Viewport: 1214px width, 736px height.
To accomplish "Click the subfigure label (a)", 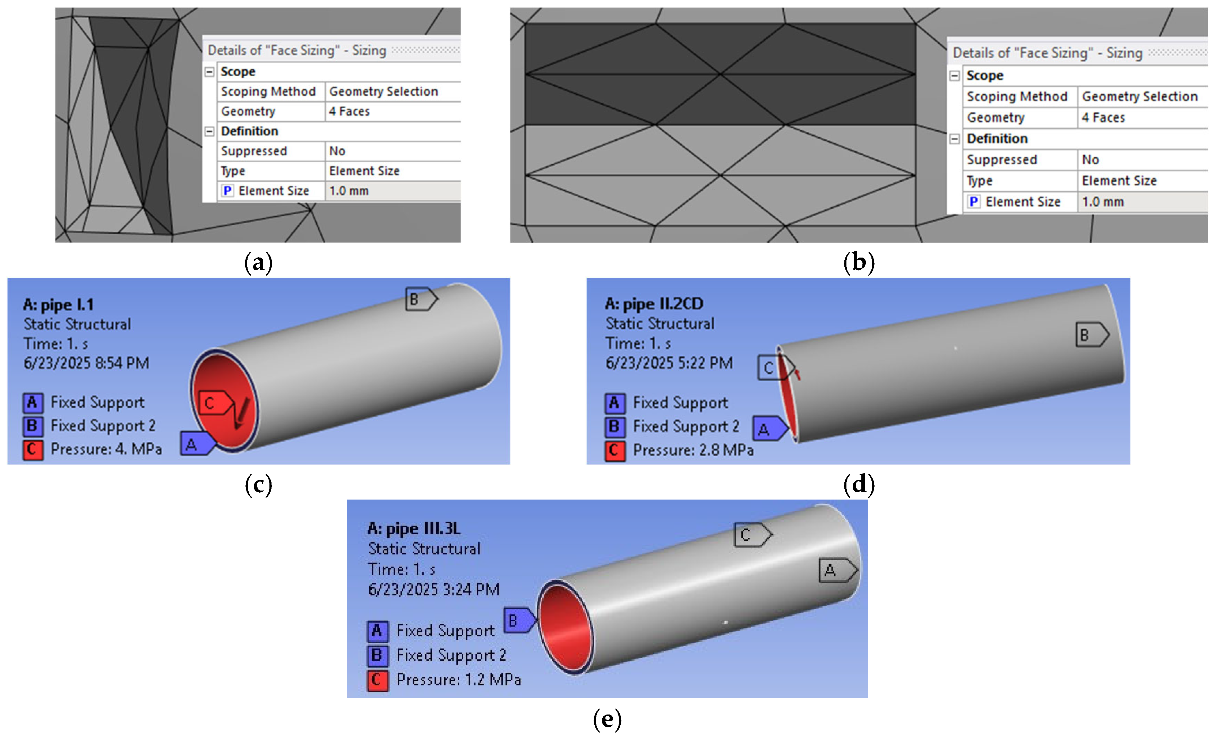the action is [x=258, y=262].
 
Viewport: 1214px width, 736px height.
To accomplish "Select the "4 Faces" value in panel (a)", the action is [x=349, y=111].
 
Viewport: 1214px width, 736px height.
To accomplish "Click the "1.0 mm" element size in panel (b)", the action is [x=1103, y=201].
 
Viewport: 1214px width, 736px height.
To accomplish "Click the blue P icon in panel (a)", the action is [x=227, y=191].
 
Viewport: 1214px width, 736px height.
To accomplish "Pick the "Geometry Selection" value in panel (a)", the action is [x=383, y=91].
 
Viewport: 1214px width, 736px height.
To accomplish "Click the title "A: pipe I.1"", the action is [x=58, y=304].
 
